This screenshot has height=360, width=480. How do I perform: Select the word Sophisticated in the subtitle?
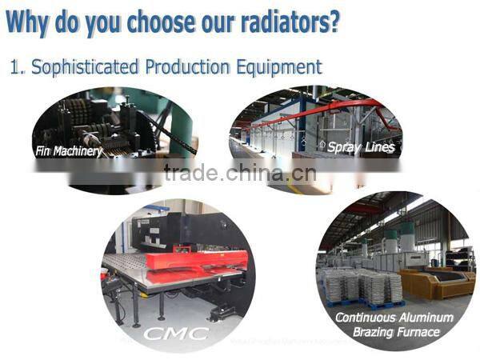[x=78, y=66]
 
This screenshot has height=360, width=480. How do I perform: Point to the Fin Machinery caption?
[x=69, y=150]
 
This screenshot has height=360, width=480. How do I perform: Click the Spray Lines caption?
[x=361, y=147]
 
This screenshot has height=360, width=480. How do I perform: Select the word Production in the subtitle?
[x=183, y=66]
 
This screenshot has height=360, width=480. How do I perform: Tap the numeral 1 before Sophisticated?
[x=14, y=66]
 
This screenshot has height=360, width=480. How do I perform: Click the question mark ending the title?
[x=332, y=21]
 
